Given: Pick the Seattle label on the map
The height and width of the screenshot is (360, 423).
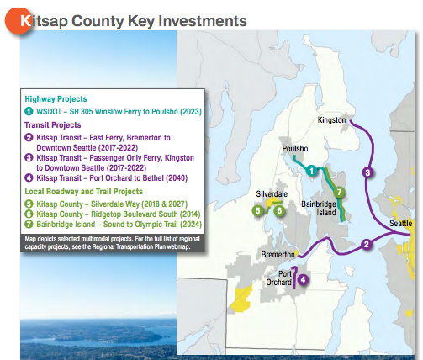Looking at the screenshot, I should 401,223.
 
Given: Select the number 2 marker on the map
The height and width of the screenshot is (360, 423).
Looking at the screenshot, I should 366,245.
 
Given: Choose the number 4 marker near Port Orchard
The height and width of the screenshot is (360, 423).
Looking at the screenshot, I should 303,279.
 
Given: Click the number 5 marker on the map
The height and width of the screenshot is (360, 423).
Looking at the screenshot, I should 257,211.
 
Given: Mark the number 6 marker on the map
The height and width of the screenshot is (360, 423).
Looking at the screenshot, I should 278,211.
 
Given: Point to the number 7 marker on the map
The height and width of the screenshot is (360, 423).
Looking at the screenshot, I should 339,193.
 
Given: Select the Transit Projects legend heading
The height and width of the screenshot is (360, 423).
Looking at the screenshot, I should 53,124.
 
